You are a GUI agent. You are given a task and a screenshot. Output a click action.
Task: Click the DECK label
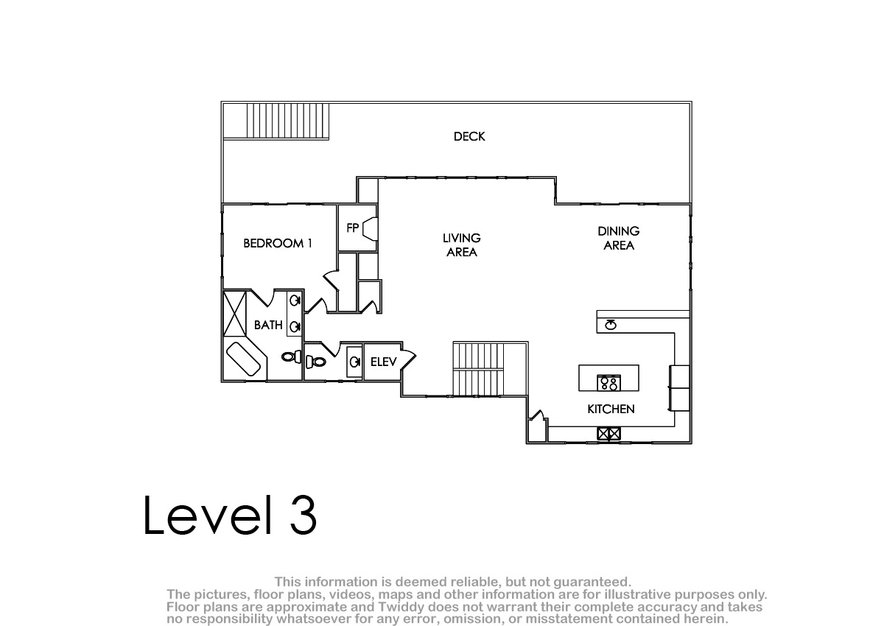click(469, 136)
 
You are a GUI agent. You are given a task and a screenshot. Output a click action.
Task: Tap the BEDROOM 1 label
click(278, 243)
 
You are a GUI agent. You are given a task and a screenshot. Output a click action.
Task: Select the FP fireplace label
click(352, 228)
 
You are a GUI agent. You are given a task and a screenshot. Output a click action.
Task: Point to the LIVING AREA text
click(462, 245)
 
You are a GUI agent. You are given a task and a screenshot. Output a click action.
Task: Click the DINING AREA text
click(618, 239)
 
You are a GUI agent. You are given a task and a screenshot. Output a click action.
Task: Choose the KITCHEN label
click(611, 409)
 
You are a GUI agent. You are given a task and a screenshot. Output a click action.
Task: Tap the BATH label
click(268, 325)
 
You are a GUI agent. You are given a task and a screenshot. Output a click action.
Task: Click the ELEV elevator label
click(383, 362)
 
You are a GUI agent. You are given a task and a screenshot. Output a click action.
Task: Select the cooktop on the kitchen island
click(609, 383)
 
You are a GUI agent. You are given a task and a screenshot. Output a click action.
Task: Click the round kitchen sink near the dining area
click(611, 325)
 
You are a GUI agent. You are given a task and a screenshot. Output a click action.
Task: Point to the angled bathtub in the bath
click(243, 359)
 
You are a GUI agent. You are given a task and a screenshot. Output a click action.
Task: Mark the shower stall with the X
click(235, 314)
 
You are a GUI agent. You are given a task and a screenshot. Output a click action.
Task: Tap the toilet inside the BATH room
click(292, 357)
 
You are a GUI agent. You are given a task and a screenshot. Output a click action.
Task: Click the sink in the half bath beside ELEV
click(354, 362)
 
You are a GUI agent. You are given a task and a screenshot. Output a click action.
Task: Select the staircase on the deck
click(288, 121)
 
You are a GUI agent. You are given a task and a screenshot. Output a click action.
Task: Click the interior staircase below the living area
click(479, 369)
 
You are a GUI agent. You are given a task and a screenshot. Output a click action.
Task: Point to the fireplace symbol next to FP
click(371, 229)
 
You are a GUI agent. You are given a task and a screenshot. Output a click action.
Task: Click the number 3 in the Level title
click(303, 515)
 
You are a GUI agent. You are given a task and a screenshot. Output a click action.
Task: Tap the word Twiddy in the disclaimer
click(401, 607)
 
